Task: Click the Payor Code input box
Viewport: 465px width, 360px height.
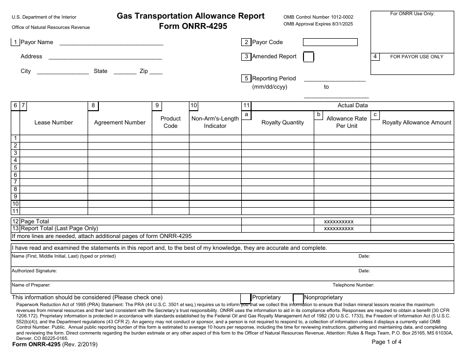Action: [x=330, y=42]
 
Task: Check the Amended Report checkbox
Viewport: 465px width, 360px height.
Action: [x=308, y=57]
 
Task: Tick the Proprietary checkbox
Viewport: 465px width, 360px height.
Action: [x=246, y=298]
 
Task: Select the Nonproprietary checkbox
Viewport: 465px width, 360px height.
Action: [x=298, y=298]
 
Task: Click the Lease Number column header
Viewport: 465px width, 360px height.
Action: [x=53, y=122]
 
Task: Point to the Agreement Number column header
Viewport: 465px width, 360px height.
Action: [x=119, y=122]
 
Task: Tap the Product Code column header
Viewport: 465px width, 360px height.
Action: [x=170, y=122]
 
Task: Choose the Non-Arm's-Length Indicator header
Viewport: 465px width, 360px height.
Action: [x=215, y=122]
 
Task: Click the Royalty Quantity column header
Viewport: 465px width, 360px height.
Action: [x=282, y=122]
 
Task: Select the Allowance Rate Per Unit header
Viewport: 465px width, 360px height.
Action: [x=347, y=122]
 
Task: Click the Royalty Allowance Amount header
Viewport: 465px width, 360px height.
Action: [x=417, y=122]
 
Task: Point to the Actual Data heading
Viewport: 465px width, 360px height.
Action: [x=352, y=105]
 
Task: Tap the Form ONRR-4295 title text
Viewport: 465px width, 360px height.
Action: [x=192, y=26]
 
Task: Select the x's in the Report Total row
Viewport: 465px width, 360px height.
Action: [x=339, y=228]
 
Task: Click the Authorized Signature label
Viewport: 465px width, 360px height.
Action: [x=34, y=270]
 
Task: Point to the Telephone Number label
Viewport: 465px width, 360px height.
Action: [x=353, y=285]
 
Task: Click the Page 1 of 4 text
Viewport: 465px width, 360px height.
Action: [x=387, y=342]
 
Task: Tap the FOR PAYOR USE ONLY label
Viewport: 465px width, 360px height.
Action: [x=417, y=57]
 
